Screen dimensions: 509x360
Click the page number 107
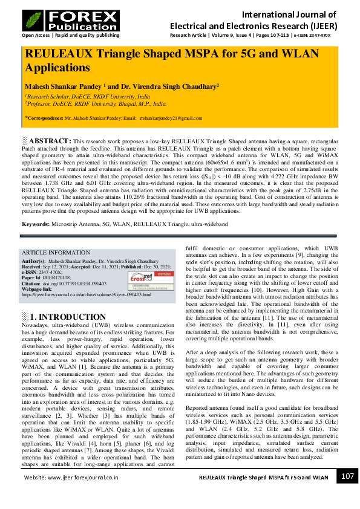347,476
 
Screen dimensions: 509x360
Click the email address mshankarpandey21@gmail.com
168,118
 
